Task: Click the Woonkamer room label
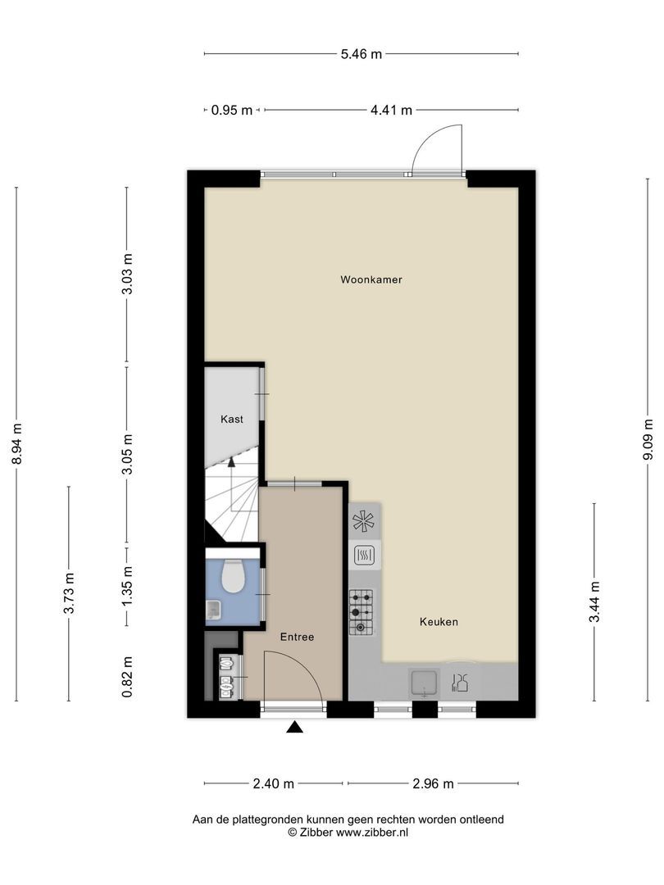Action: point(371,279)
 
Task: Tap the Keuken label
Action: point(439,622)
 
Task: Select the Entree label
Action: point(297,637)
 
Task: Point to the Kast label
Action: point(231,419)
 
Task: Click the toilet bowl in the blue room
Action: point(233,575)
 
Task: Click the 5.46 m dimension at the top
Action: point(362,55)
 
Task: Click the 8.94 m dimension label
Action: point(16,444)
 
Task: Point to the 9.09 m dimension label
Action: point(648,439)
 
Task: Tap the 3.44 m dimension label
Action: point(594,602)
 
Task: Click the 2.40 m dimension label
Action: point(273,784)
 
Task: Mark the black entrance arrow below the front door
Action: point(294,726)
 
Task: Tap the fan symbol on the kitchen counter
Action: point(363,521)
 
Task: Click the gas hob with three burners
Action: point(362,612)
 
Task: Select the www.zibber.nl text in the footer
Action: point(372,832)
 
